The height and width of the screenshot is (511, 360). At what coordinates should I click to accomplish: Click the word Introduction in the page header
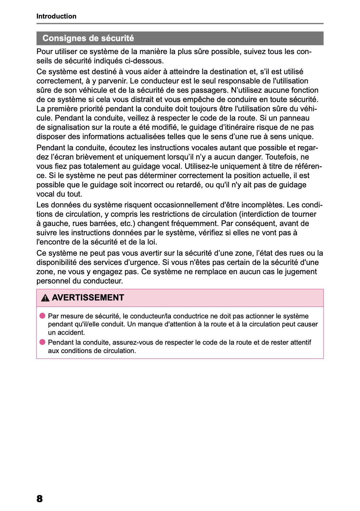pyautogui.click(x=56, y=16)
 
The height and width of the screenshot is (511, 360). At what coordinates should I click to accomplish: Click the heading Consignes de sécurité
pyautogui.click(x=88, y=38)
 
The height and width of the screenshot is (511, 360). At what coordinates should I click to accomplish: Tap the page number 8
pyautogui.click(x=40, y=498)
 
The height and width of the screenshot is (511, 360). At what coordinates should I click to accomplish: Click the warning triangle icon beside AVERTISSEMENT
pyautogui.click(x=45, y=298)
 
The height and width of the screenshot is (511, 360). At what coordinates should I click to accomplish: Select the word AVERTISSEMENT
pyautogui.click(x=88, y=298)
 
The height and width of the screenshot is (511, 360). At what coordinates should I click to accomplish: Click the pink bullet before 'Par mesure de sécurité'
pyautogui.click(x=42, y=316)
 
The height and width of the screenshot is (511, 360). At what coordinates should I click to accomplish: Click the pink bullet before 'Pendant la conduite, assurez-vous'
pyautogui.click(x=42, y=342)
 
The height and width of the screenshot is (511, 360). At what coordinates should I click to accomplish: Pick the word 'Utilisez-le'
pyautogui.click(x=203, y=166)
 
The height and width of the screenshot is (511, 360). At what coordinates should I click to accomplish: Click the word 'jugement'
pyautogui.click(x=301, y=272)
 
